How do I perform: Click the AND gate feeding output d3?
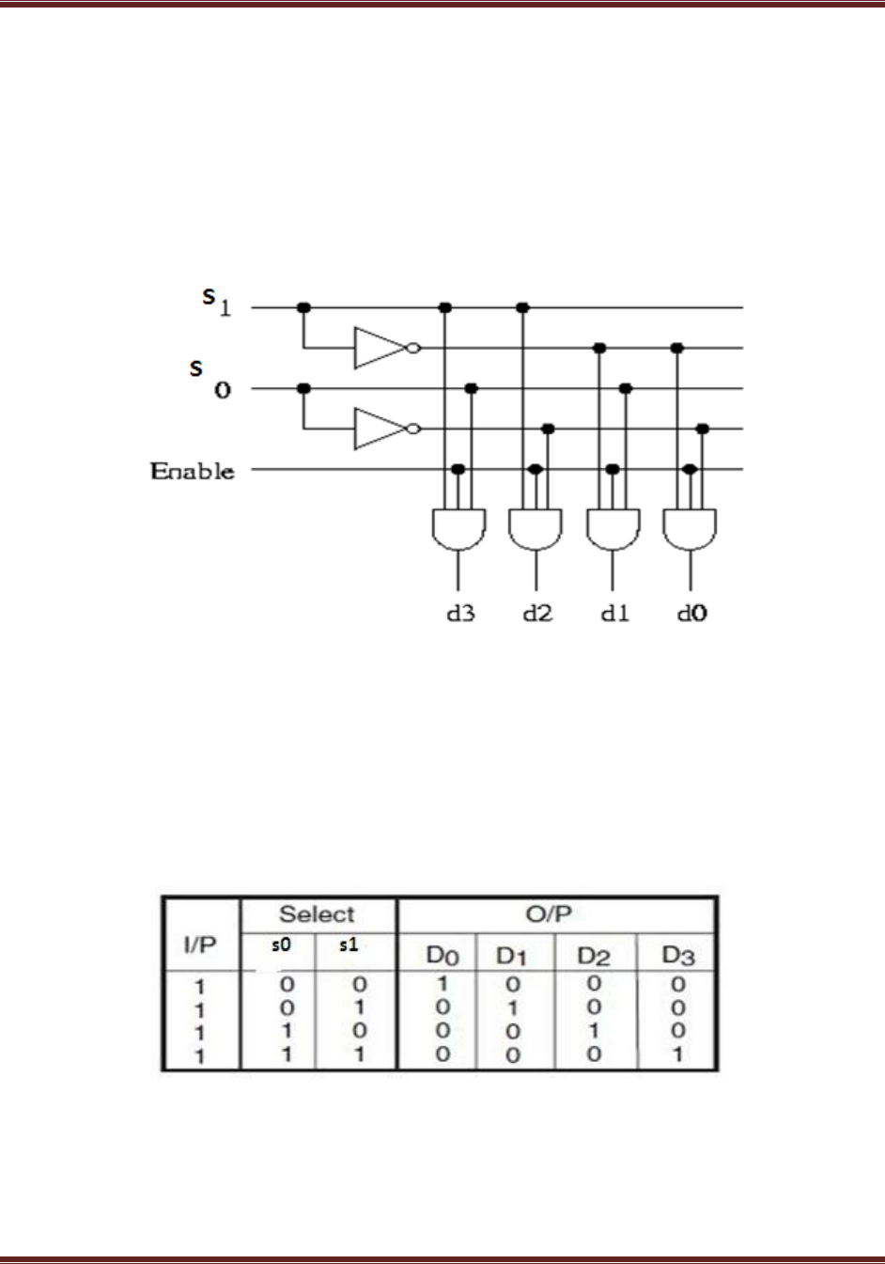(x=458, y=529)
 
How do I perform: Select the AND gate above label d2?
(x=536, y=529)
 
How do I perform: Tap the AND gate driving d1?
(x=613, y=529)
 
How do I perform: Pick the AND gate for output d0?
(x=690, y=529)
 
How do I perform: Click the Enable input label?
(x=193, y=470)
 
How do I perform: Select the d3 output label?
(x=460, y=614)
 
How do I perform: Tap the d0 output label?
(x=692, y=614)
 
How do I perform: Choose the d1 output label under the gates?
(x=614, y=614)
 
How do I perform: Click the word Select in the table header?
(x=318, y=914)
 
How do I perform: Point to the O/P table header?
(x=550, y=914)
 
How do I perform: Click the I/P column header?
(x=200, y=945)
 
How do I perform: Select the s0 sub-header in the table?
(x=280, y=945)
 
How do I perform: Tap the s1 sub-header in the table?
(x=349, y=945)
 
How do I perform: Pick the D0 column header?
(x=442, y=957)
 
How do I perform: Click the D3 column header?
(x=678, y=957)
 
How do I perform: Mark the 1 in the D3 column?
(x=678, y=1053)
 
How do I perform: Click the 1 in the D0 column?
(x=442, y=985)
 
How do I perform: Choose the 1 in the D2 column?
(x=594, y=1031)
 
